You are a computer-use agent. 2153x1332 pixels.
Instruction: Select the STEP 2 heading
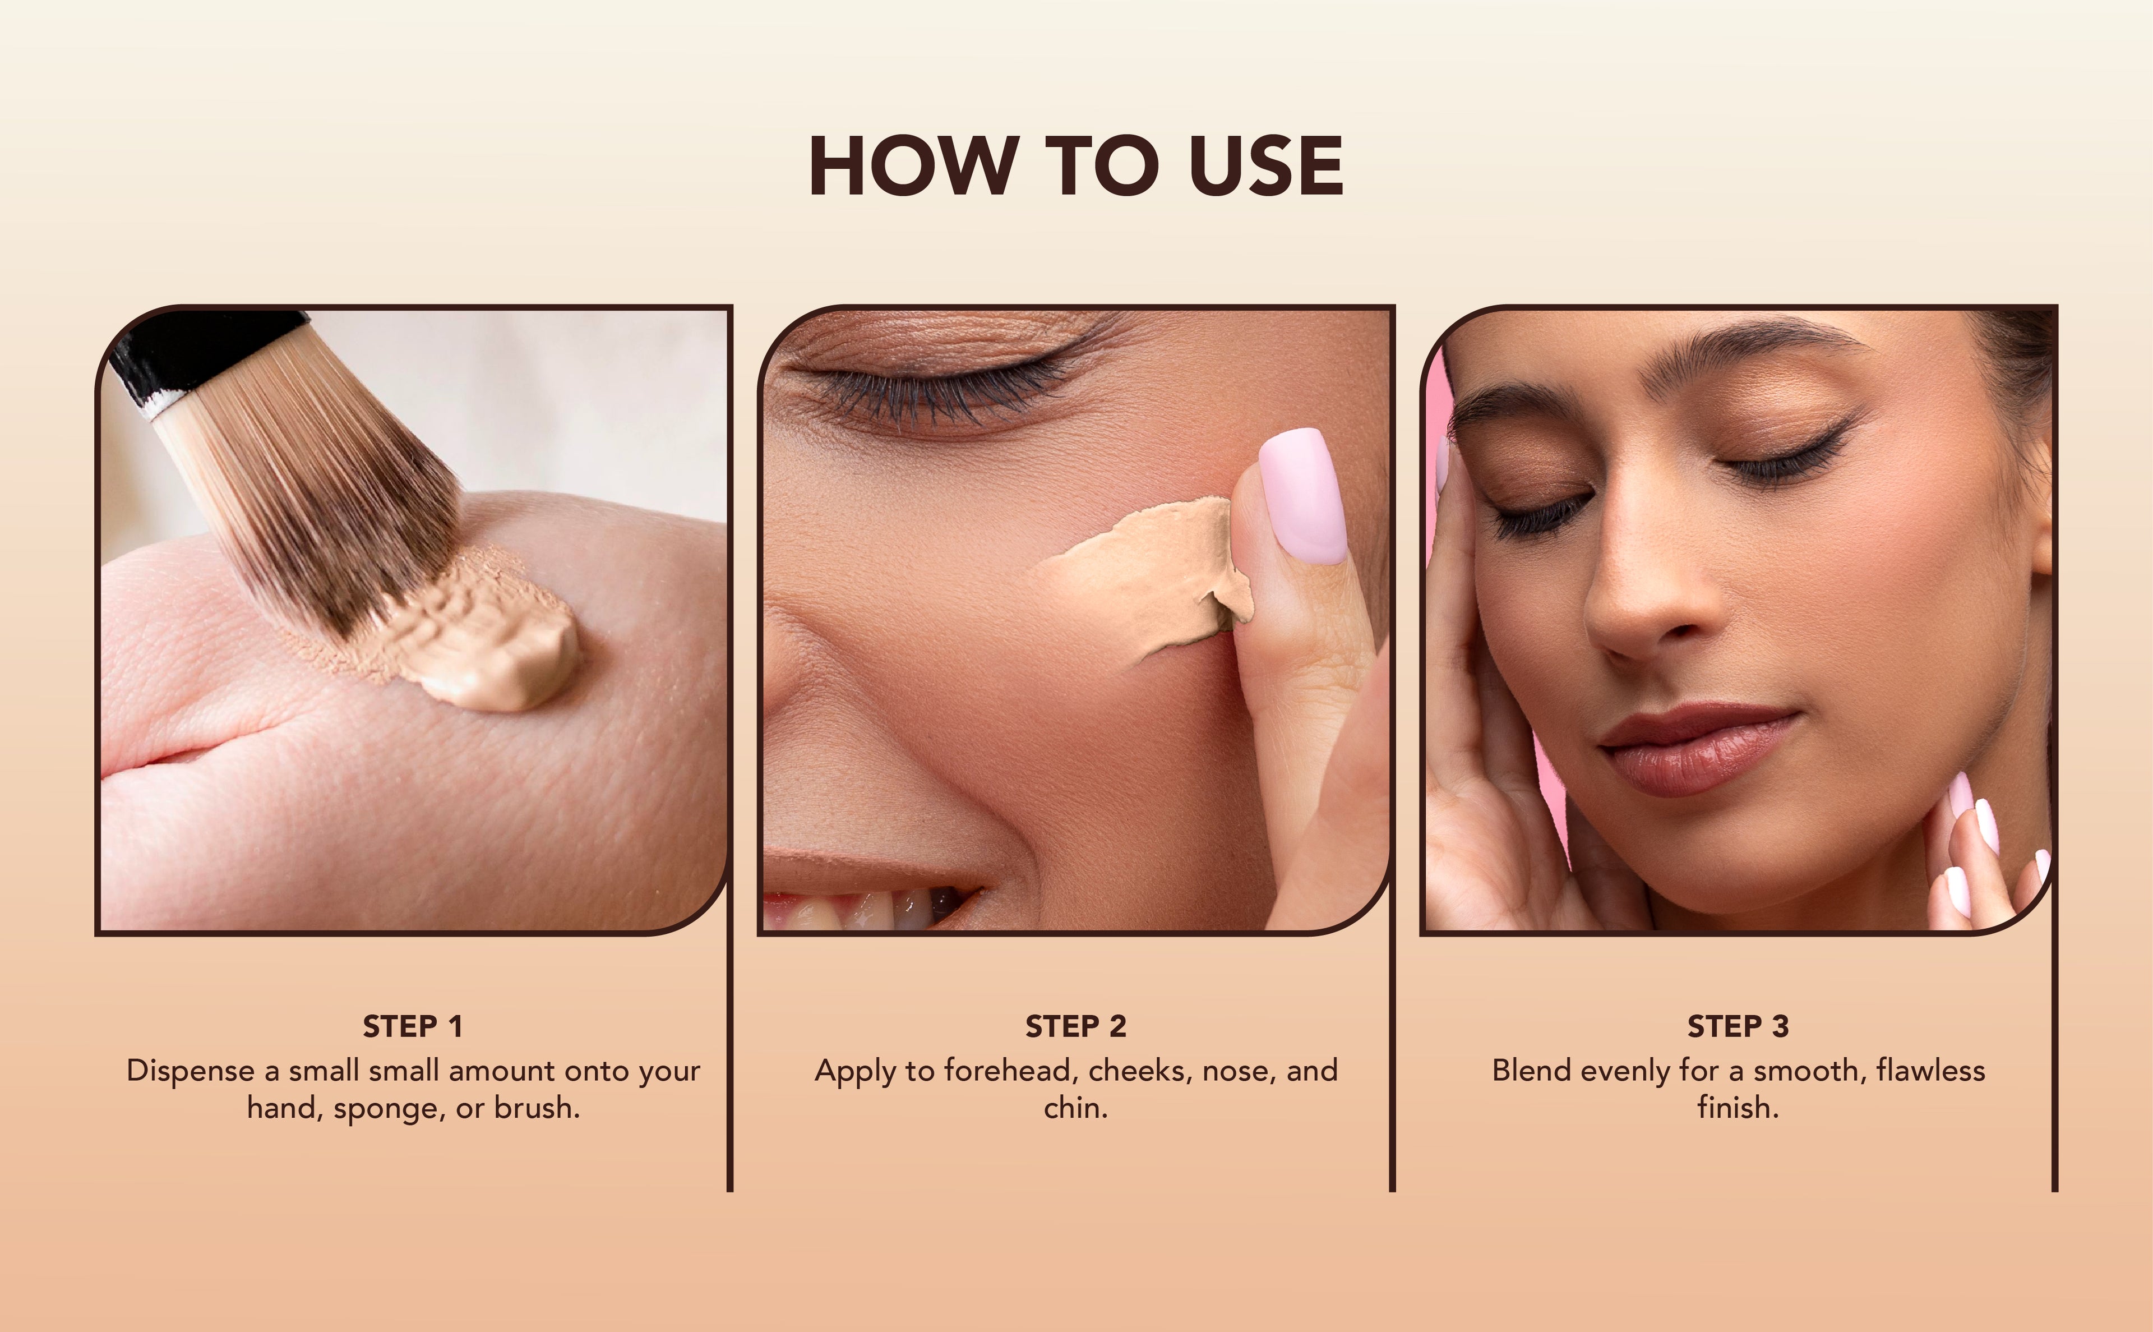coord(1075,1026)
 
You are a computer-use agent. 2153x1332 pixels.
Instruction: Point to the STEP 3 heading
coord(1738,1026)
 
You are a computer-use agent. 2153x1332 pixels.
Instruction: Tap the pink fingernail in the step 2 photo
coord(1305,495)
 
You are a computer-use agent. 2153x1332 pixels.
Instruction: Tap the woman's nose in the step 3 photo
coord(1647,599)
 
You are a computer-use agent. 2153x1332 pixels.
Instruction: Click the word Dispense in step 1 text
coord(190,1071)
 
